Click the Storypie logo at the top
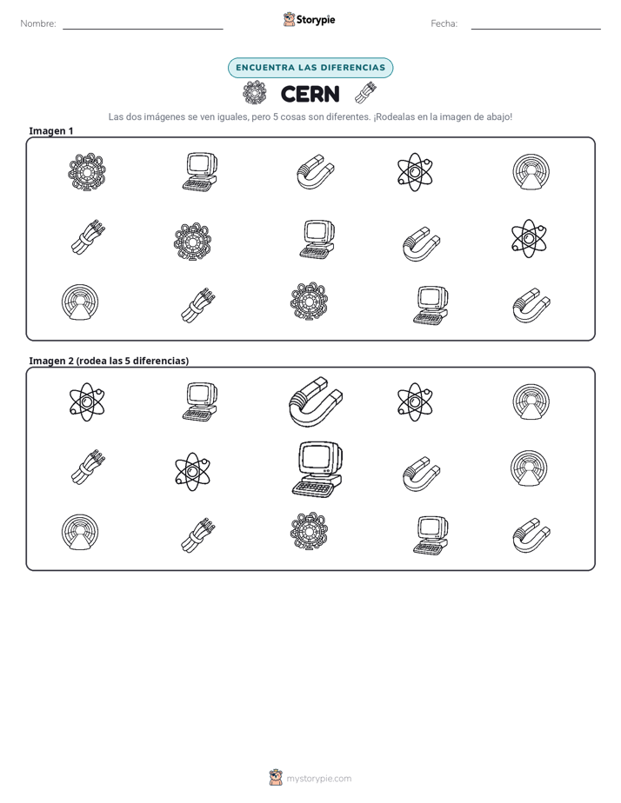309,19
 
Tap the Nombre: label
38,23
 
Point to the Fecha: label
444,23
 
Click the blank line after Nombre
143,29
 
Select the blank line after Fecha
536,29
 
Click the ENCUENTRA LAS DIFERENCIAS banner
310,68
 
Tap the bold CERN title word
310,94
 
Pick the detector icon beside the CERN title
255,93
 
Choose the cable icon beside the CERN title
366,93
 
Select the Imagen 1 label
50,131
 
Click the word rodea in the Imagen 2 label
93,361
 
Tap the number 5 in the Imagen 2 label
128,361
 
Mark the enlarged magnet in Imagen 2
315,402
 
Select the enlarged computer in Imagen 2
317,469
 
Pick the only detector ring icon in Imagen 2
309,532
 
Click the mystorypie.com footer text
318,779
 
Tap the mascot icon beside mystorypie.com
276,778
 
